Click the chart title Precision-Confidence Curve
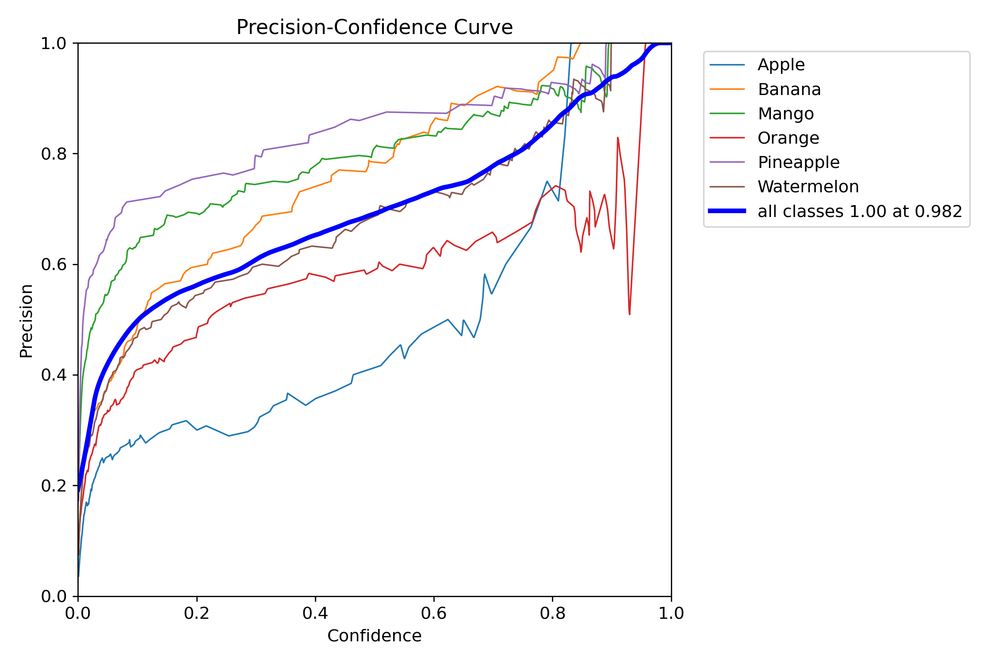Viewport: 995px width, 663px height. [x=375, y=27]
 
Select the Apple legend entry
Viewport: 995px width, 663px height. [x=781, y=65]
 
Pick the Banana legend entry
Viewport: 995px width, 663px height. [x=789, y=89]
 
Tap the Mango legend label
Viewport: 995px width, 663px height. [x=786, y=114]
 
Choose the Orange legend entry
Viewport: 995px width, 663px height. [x=788, y=138]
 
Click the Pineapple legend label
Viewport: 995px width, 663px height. [x=799, y=163]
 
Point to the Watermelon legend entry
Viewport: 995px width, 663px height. [x=808, y=187]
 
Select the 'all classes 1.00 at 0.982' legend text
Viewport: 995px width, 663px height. [x=860, y=211]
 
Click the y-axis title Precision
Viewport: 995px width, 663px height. [x=26, y=321]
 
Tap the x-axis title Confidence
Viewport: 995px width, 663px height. [x=375, y=636]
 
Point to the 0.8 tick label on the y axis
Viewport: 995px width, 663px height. [x=54, y=154]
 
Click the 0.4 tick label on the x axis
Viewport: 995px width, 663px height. [x=315, y=613]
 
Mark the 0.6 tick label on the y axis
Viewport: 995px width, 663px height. [x=54, y=264]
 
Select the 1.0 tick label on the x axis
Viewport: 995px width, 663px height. [x=671, y=613]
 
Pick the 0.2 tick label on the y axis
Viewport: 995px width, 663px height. [x=54, y=486]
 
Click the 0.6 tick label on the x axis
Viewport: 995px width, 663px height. [x=434, y=613]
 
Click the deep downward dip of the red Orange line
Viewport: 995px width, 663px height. [x=629, y=314]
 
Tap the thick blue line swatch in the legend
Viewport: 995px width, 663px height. [x=727, y=211]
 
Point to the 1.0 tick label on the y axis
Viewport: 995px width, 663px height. [x=54, y=43]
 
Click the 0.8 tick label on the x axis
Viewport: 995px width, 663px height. [x=552, y=613]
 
